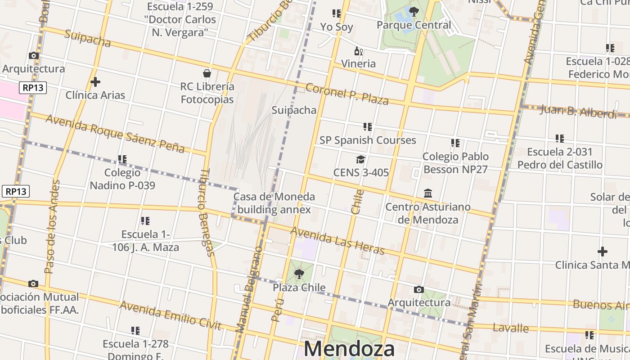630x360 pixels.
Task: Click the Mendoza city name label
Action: tap(349, 349)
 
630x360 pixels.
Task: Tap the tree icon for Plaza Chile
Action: tap(299, 274)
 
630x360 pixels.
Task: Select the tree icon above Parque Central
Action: tap(414, 12)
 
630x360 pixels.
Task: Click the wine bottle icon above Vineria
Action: tap(358, 51)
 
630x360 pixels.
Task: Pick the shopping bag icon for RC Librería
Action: tap(207, 73)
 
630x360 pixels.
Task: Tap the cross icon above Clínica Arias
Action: tap(95, 82)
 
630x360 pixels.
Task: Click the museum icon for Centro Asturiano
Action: tap(428, 193)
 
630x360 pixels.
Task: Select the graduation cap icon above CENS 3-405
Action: tap(360, 159)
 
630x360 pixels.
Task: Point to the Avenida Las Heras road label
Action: tap(337, 241)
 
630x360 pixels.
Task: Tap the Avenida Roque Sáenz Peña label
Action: tap(115, 133)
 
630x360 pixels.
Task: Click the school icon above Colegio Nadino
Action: tap(122, 159)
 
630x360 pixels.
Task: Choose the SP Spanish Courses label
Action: tap(368, 140)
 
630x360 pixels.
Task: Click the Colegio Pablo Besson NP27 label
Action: tap(455, 163)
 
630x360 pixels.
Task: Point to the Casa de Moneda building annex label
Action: tap(274, 203)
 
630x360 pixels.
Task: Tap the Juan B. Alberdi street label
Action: tap(578, 111)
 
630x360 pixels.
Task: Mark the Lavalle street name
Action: tap(511, 328)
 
